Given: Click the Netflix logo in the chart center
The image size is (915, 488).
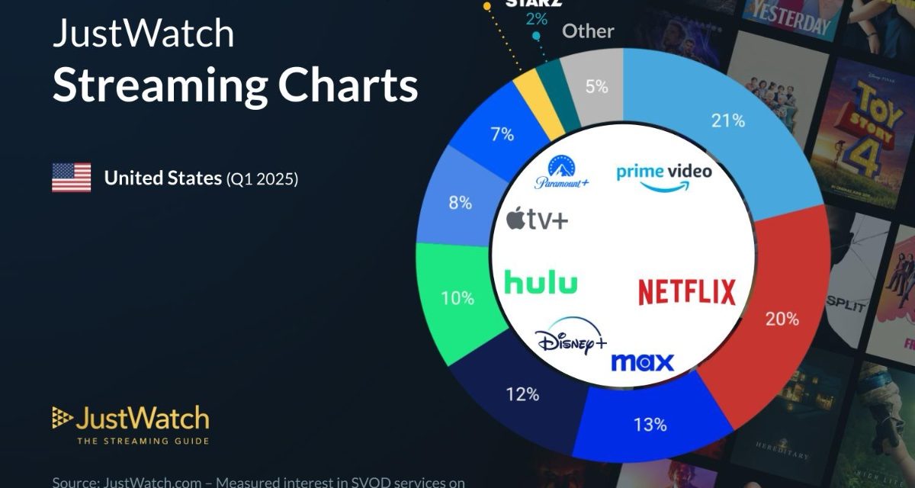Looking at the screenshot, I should coord(686,292).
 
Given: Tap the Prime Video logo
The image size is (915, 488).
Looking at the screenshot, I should coord(663,175).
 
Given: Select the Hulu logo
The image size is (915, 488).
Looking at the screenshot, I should coord(541,283).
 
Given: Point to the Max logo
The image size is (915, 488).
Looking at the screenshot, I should coord(642,361).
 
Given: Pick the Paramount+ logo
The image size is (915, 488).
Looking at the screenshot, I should coord(561,174).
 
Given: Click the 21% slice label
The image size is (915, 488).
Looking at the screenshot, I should coord(728,120).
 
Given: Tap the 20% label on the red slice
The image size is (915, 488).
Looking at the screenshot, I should coord(782,319).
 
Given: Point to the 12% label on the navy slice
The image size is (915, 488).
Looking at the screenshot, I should coord(523,394).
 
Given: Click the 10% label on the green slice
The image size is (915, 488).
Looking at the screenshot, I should coord(457,297).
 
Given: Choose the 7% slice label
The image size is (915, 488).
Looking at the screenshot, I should coord(502,135).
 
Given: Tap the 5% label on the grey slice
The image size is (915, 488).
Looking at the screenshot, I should coord(596,87).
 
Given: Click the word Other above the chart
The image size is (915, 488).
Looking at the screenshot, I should coord(588,31).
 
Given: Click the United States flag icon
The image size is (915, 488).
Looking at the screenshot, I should coord(72,178).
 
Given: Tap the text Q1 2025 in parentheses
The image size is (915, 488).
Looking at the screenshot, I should coord(262,179).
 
